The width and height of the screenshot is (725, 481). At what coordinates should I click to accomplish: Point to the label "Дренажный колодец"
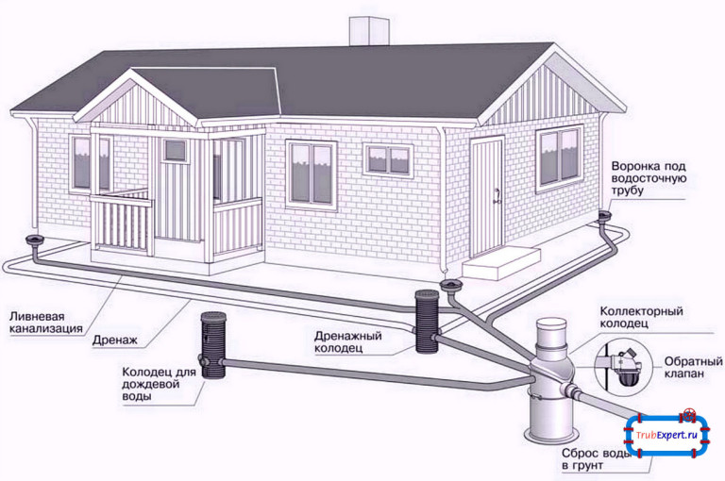coord(348,343)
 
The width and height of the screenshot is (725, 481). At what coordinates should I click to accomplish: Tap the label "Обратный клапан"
coord(688,368)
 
